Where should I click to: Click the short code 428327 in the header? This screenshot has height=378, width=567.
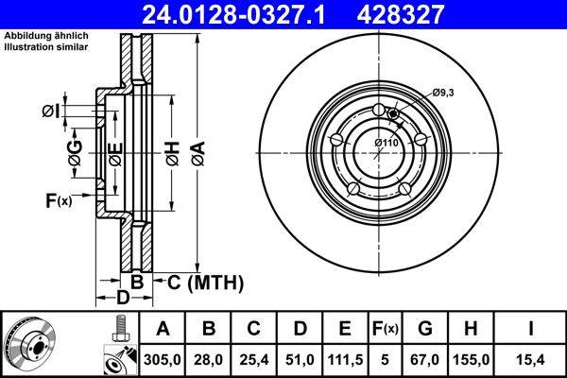coord(437,13)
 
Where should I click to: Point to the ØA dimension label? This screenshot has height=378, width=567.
coord(197,151)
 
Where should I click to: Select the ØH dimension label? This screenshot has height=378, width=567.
coord(172,151)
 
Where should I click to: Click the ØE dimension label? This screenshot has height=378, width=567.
coord(114,151)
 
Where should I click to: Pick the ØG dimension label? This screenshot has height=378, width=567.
coord(74,151)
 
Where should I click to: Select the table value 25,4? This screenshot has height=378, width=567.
coord(253,359)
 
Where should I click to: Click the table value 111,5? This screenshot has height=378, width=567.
coord(344,359)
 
